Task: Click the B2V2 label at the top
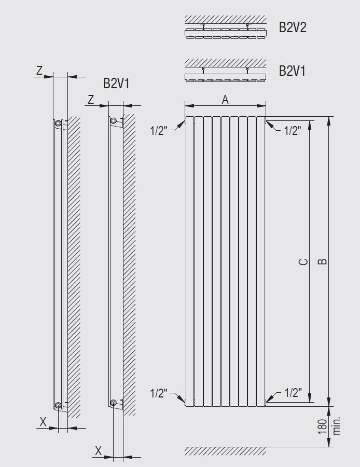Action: point(293,27)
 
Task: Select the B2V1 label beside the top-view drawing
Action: point(292,71)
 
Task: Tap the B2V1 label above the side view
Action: point(116,84)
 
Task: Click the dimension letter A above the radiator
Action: point(225,100)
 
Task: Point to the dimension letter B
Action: point(322,261)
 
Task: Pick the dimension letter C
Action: point(303,262)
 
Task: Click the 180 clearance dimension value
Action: point(323,427)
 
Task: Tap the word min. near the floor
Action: point(336,426)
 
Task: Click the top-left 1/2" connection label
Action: point(159,131)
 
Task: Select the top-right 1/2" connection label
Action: point(293,130)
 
